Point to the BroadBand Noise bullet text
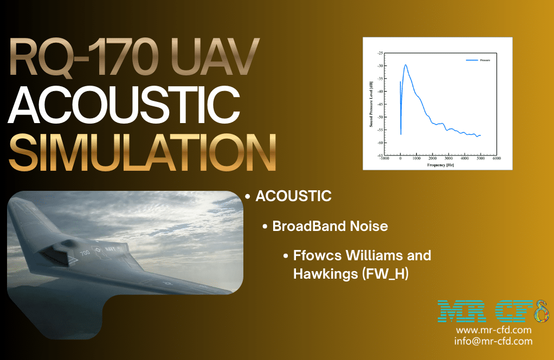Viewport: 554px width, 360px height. click(330, 226)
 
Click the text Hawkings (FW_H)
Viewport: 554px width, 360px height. click(350, 274)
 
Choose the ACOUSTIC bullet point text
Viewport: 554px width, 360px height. click(293, 196)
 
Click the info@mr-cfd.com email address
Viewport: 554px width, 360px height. click(493, 341)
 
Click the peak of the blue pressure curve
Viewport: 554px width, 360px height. click(405, 65)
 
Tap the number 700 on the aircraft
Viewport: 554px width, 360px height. click(86, 253)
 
